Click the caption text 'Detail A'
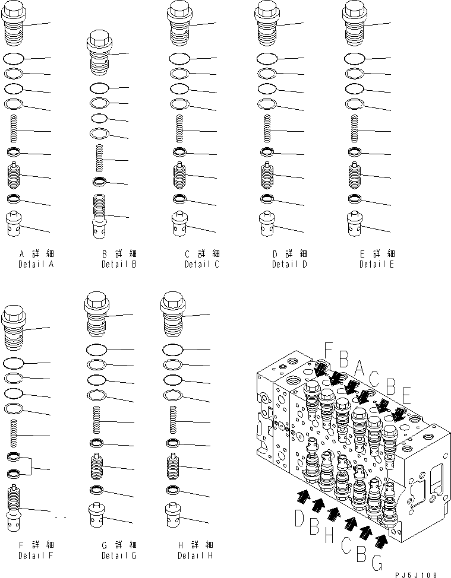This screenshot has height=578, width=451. tap(36, 264)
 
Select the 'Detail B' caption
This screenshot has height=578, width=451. tap(119, 264)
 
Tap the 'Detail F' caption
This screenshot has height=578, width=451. tap(36, 555)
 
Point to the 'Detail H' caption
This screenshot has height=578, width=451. tap(195, 555)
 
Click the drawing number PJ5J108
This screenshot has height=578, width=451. tap(416, 575)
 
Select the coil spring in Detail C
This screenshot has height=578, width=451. tap(179, 128)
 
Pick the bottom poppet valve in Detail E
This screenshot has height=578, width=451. tap(354, 223)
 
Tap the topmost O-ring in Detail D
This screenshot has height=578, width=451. tap(267, 58)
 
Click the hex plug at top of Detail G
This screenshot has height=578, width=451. tap(97, 314)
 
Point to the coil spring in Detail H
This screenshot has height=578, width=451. tap(172, 419)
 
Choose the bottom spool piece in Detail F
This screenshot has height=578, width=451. tap(14, 507)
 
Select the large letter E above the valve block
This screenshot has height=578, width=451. tap(406, 396)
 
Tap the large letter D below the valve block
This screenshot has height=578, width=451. tap(299, 517)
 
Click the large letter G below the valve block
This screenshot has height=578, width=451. tap(377, 563)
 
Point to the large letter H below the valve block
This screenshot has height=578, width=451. tap(330, 535)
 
